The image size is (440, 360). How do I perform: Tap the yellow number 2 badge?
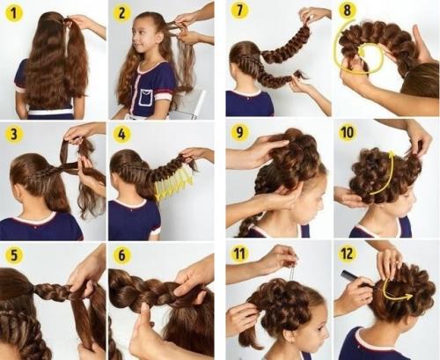pos(121,12)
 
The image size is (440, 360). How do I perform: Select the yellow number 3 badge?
pos(14,134)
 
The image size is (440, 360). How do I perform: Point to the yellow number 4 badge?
pos(121,134)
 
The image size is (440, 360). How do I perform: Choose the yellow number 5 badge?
pos(14,254)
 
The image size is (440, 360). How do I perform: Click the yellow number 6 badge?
pos(121,254)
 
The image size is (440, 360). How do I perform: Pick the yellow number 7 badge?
pos(239,11)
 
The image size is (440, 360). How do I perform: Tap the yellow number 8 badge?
pos(348,11)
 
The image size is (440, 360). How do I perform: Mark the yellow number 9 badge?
pos(239,132)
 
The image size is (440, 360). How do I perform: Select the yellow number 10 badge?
pos(348,132)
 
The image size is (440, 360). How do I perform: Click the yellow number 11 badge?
pos(239,253)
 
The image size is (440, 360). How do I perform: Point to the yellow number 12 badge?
pos(348,253)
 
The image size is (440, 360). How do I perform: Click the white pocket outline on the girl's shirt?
pos(148,97)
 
